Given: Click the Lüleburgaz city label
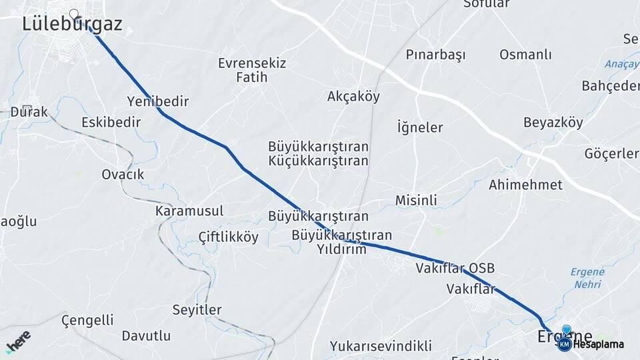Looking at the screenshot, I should pyautogui.click(x=72, y=25).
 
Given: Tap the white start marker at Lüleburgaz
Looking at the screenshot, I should pyautogui.click(x=73, y=13).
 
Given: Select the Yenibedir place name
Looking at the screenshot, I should pyautogui.click(x=158, y=101).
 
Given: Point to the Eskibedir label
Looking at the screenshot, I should pyautogui.click(x=111, y=122).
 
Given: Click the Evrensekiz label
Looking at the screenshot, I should pyautogui.click(x=251, y=63).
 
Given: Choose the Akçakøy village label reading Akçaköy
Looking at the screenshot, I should pyautogui.click(x=353, y=97).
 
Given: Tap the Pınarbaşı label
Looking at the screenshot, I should pyautogui.click(x=435, y=55).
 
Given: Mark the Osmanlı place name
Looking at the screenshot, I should pyautogui.click(x=525, y=55).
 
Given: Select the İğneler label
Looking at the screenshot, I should pyautogui.click(x=420, y=127).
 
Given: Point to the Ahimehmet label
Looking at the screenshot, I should pyautogui.click(x=525, y=185).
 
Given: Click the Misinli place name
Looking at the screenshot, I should pyautogui.click(x=416, y=200).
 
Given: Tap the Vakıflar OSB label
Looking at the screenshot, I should pyautogui.click(x=455, y=268).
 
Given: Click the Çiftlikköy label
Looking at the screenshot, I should pyautogui.click(x=229, y=237).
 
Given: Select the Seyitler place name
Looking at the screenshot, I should pyautogui.click(x=197, y=309).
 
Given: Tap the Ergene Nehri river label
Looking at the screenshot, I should pyautogui.click(x=587, y=277).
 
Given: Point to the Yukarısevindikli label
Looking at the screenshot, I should pyautogui.click(x=381, y=346).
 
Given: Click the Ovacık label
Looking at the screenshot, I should pyautogui.click(x=123, y=174).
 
